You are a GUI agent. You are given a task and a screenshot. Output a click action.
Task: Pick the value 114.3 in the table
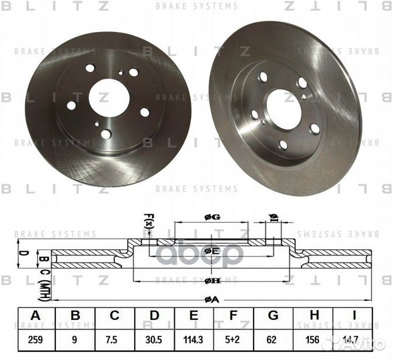193,339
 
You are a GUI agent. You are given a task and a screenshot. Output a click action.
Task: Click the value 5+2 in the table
232,339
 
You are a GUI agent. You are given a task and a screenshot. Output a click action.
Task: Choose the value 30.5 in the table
153,339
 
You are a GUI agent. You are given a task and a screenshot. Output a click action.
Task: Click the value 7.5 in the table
115,339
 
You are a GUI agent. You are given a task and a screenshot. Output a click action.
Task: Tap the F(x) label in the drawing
148,219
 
